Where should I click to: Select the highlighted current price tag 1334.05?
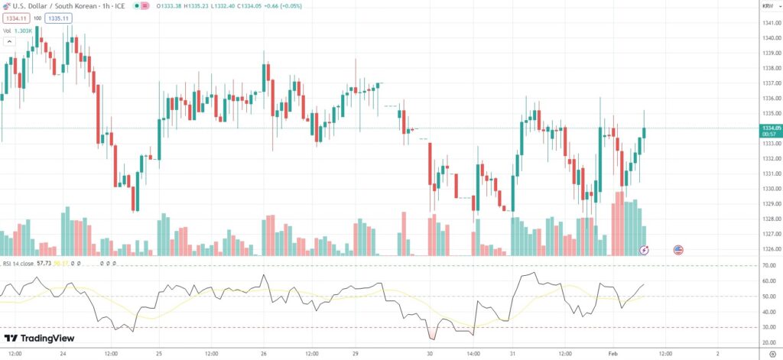click(x=770, y=128)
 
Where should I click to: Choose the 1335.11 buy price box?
click(x=58, y=18)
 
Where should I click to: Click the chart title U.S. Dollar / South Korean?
click(x=53, y=6)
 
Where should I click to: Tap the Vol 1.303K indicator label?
click(x=18, y=31)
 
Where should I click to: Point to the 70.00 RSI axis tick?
click(x=768, y=265)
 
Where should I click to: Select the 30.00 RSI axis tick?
click(x=768, y=327)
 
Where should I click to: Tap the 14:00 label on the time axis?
click(x=473, y=354)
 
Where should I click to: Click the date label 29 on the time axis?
click(x=356, y=354)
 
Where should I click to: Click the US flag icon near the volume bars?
click(x=678, y=249)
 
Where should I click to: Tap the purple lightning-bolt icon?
click(x=645, y=249)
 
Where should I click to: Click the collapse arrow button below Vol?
click(x=9, y=42)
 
